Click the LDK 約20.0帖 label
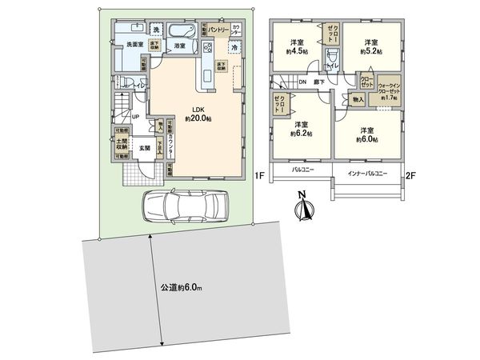[x=197, y=114]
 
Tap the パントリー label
[x=219, y=29]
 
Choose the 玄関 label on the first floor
[x=145, y=147]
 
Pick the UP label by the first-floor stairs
[x=136, y=117]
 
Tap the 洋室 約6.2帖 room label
[x=301, y=130]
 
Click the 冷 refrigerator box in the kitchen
[x=234, y=48]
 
